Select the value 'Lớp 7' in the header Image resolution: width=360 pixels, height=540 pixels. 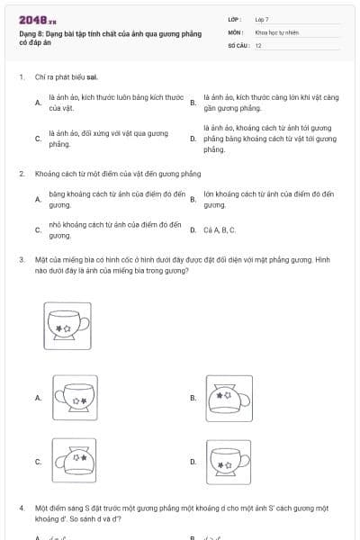click(262, 19)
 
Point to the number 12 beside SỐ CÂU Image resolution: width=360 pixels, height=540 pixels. click(258, 45)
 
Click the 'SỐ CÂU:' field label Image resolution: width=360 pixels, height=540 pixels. click(238, 45)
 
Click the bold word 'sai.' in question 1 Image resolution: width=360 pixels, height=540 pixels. click(92, 77)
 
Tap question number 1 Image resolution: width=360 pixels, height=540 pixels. click(21, 77)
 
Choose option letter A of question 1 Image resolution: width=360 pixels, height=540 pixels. click(37, 103)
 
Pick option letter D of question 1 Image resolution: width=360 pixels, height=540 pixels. click(193, 139)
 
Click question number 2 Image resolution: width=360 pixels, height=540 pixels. click(21, 173)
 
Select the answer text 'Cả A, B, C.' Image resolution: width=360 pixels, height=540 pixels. click(220, 229)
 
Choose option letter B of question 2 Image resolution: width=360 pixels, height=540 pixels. click(193, 200)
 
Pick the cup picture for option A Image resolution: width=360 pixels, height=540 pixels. click(74, 397)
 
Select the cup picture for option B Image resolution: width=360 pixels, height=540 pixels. click(229, 397)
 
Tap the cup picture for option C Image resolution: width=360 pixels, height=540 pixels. click(74, 461)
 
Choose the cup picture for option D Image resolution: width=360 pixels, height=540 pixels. click(229, 461)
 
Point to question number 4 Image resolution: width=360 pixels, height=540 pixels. click(21, 508)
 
